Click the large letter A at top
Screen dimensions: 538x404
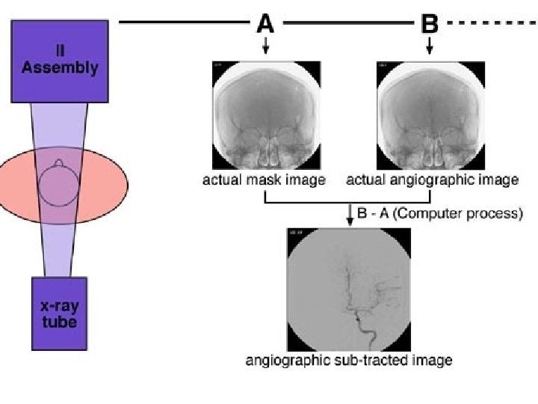[x=265, y=24]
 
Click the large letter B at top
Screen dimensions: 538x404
[x=430, y=24]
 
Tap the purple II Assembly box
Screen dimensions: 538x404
[x=59, y=61]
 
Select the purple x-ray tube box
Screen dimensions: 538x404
[x=59, y=313]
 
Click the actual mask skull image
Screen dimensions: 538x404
[x=265, y=115]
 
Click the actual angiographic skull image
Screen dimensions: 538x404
[x=430, y=115]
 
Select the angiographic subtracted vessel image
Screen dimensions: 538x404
[x=348, y=289]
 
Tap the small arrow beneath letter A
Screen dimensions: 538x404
[x=265, y=47]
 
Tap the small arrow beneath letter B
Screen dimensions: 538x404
[x=430, y=47]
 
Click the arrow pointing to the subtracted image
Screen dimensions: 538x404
[x=349, y=215]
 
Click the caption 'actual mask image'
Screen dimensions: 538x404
[x=264, y=180]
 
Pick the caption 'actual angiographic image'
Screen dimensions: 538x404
[x=432, y=180]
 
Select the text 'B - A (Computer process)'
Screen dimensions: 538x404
[x=439, y=214]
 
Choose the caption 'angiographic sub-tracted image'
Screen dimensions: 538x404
[x=348, y=361]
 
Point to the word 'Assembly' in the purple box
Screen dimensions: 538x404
[x=60, y=67]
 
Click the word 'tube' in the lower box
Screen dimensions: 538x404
[x=59, y=322]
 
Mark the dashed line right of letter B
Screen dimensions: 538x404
[x=493, y=23]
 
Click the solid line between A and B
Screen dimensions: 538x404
[x=347, y=23]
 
